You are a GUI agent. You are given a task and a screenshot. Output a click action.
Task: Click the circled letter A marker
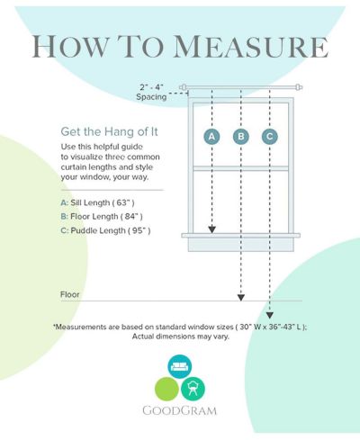(211, 137)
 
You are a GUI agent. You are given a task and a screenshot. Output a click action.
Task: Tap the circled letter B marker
(241, 137)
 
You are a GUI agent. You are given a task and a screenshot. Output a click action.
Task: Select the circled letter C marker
(270, 137)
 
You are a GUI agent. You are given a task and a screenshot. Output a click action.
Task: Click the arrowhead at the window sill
(211, 229)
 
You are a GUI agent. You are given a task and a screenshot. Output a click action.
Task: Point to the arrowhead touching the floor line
(241, 298)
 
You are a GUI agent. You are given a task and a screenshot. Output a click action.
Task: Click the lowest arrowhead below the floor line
(270, 315)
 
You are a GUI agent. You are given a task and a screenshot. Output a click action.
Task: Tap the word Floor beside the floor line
(70, 294)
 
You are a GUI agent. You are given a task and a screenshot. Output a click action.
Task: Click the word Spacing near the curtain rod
(151, 97)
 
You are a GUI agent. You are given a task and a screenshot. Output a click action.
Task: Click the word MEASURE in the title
(251, 47)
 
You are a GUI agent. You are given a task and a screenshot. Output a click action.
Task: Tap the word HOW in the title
(69, 47)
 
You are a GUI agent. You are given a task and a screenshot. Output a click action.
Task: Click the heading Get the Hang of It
(109, 131)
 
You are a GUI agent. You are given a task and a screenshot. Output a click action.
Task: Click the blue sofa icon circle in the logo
(180, 366)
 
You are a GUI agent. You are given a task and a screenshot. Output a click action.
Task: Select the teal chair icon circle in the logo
(193, 389)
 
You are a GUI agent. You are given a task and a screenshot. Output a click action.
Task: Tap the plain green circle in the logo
(166, 389)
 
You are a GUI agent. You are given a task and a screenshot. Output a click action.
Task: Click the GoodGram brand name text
(179, 410)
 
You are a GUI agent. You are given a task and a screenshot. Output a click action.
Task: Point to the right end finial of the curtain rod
(299, 87)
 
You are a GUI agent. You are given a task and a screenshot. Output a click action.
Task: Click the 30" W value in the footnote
(250, 327)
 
